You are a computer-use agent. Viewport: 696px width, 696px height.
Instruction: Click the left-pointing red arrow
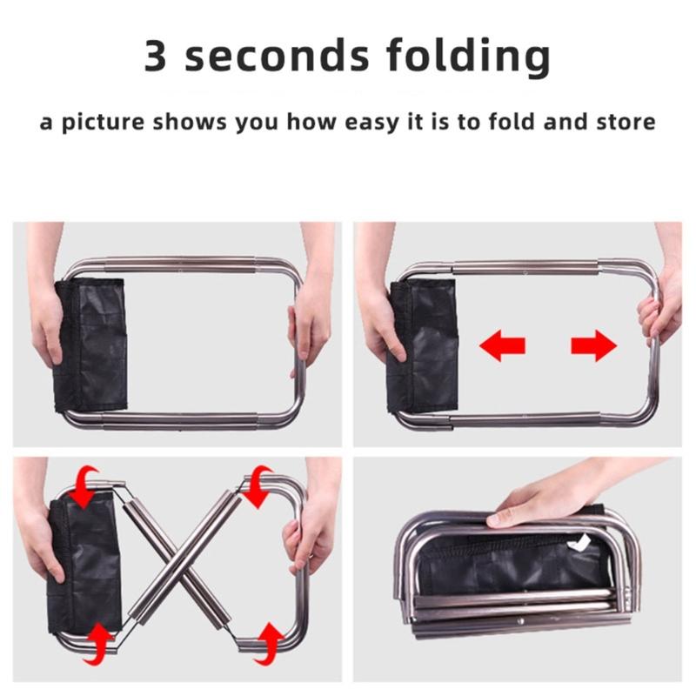pos(502,346)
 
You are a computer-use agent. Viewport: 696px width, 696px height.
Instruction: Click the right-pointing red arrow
pos(593,346)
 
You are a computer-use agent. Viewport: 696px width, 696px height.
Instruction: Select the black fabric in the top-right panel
pos(425,348)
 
